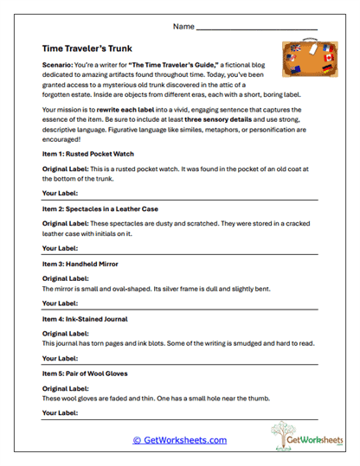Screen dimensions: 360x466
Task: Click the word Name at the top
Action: [x=184, y=27]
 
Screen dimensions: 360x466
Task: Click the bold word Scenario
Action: [x=58, y=66]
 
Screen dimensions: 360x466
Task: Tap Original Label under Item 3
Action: [x=66, y=278]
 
